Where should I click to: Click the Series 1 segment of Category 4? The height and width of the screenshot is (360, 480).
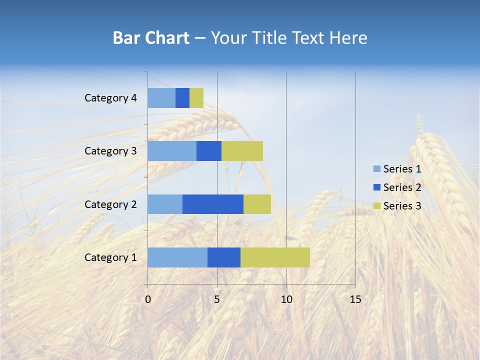pyautogui.click(x=161, y=98)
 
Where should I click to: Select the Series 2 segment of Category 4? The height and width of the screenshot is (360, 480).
pyautogui.click(x=182, y=98)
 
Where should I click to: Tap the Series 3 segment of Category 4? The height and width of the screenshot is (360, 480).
pyautogui.click(x=196, y=98)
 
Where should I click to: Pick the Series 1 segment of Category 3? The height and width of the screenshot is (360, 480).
pyautogui.click(x=172, y=151)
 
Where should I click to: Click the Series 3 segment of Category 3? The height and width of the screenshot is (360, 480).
pyautogui.click(x=242, y=151)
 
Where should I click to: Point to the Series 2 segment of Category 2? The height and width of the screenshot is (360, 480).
pyautogui.click(x=213, y=204)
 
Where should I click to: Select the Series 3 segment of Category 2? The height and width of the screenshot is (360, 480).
pyautogui.click(x=257, y=204)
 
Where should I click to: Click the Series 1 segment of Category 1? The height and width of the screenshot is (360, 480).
pyautogui.click(x=177, y=257)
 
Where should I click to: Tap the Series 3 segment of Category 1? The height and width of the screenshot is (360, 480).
pyautogui.click(x=275, y=257)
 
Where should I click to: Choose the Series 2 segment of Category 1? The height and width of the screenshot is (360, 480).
pyautogui.click(x=224, y=257)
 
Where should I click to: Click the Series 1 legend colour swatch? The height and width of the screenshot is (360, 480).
pyautogui.click(x=377, y=169)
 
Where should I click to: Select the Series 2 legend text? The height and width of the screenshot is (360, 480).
pyautogui.click(x=402, y=187)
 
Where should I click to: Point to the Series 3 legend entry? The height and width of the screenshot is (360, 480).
pyautogui.click(x=397, y=206)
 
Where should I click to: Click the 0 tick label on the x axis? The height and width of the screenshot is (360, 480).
pyautogui.click(x=148, y=299)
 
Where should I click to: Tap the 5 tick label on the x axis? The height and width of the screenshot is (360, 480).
pyautogui.click(x=217, y=299)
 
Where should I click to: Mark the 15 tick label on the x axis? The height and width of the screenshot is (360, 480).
pyautogui.click(x=355, y=299)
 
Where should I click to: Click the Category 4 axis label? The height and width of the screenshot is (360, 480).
pyautogui.click(x=110, y=98)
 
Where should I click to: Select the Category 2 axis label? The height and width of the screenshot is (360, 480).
pyautogui.click(x=110, y=204)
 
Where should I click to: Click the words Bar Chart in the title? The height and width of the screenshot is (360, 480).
pyautogui.click(x=151, y=38)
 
